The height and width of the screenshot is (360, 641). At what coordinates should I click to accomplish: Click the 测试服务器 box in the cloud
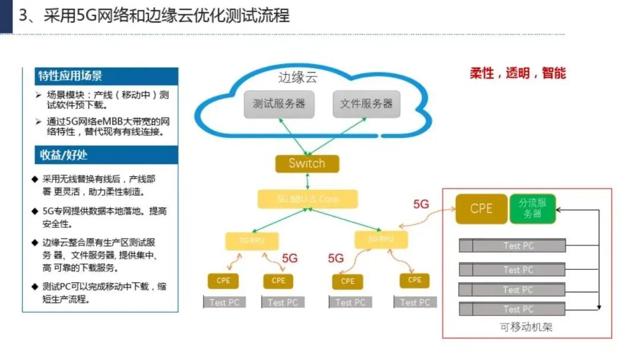click(279, 104)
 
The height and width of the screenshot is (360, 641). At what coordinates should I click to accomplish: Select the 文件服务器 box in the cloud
click(366, 104)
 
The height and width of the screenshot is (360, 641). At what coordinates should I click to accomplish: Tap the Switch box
click(307, 164)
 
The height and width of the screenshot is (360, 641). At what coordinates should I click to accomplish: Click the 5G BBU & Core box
click(307, 199)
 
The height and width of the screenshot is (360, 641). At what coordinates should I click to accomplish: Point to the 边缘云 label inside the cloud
click(298, 78)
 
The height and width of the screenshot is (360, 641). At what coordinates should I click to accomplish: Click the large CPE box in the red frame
click(481, 209)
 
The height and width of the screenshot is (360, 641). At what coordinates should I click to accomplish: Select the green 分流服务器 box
click(532, 209)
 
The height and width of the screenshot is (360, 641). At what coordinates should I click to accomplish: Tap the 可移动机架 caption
click(526, 327)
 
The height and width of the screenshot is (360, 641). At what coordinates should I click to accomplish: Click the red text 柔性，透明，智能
click(518, 73)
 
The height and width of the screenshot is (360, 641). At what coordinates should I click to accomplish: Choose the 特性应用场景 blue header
click(100, 76)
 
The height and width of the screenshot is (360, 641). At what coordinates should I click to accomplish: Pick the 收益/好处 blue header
click(100, 155)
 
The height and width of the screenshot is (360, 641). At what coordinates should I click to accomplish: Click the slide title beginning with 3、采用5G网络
click(154, 15)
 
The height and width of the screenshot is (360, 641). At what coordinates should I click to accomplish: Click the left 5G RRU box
click(251, 241)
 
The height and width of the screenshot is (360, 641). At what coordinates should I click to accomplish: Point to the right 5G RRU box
click(381, 239)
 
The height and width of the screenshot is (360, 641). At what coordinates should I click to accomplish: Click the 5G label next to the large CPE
click(421, 204)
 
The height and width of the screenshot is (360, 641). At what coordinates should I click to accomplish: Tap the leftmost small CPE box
click(223, 281)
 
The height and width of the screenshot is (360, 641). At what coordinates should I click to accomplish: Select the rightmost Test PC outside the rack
click(415, 302)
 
